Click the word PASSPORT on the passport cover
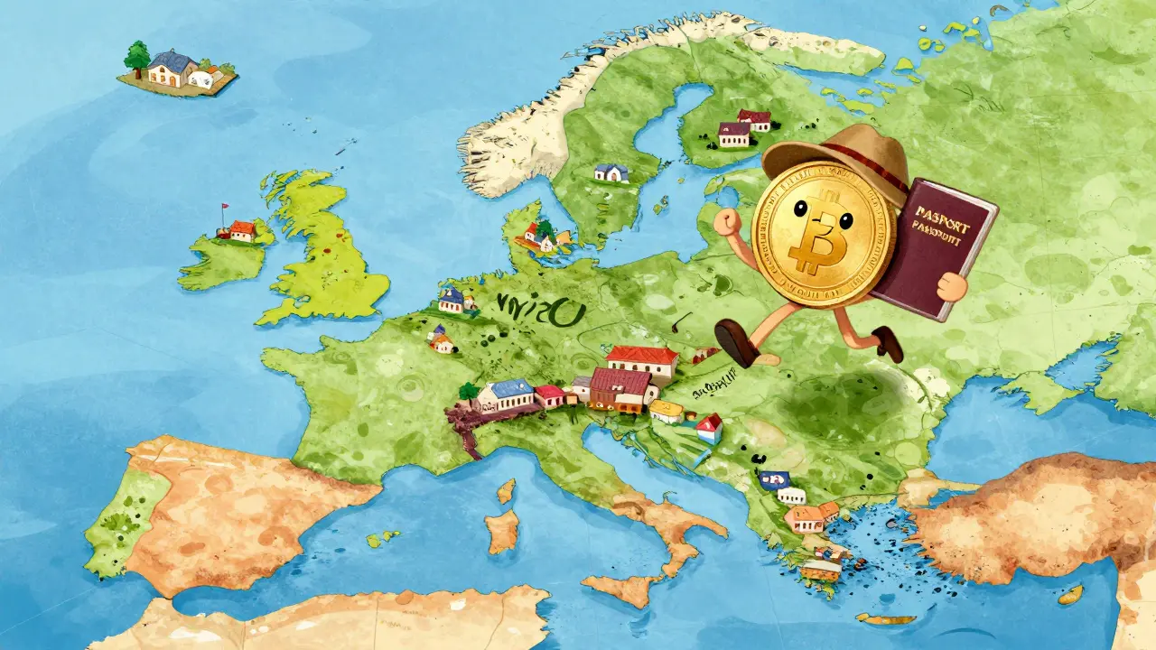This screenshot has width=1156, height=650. [x=945, y=214]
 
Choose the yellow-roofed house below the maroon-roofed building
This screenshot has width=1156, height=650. [x=667, y=413]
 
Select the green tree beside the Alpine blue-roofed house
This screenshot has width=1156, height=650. [x=468, y=392]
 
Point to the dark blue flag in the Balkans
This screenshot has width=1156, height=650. [x=770, y=479]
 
